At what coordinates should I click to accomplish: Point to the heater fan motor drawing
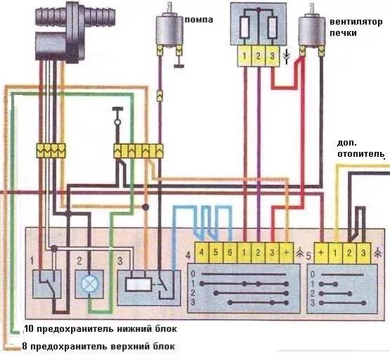tap(311, 32)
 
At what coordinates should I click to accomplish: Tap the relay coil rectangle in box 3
tap(138, 284)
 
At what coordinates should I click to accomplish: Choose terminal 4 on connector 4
tap(202, 252)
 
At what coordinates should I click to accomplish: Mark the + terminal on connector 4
tap(286, 252)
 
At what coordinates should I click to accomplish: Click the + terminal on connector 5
tap(322, 252)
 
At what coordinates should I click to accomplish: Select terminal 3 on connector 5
tap(363, 252)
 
